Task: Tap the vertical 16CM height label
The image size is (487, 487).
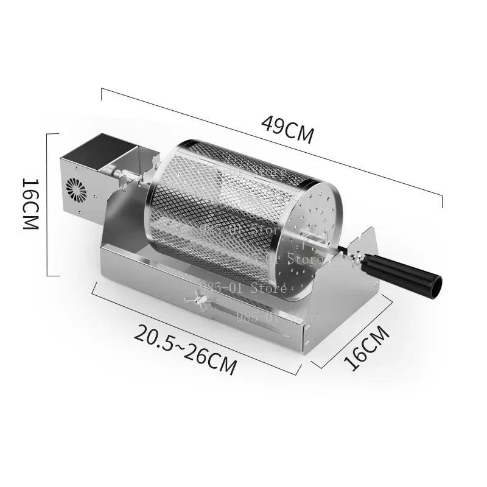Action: (x=30, y=203)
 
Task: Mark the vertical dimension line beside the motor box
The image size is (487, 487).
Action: (x=47, y=204)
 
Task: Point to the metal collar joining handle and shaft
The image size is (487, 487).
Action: (x=359, y=259)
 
